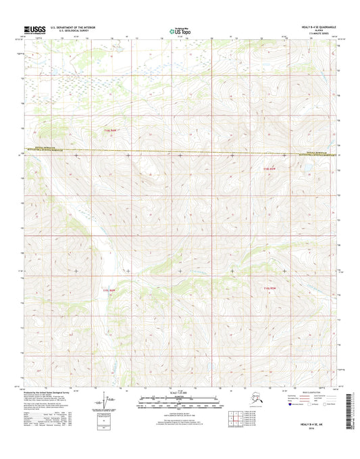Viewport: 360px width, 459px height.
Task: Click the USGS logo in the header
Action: [x=34, y=29]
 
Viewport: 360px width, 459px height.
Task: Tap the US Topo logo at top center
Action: [x=180, y=30]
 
